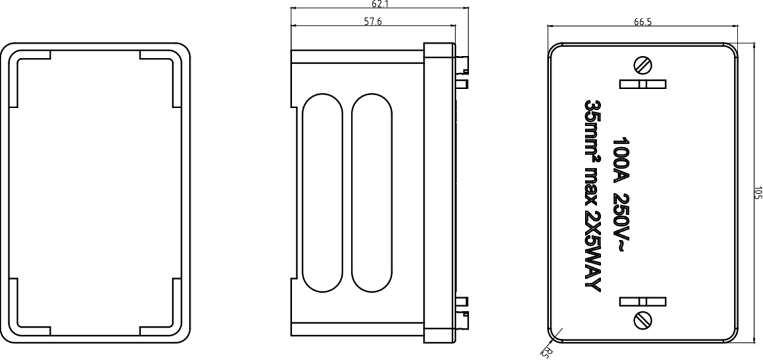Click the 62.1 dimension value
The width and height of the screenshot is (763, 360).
(x=380, y=4)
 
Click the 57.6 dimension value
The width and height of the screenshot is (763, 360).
(x=373, y=22)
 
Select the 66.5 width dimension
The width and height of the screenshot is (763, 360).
(x=643, y=22)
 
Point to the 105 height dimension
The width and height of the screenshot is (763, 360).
(x=757, y=193)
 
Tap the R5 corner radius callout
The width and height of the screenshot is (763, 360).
(x=546, y=351)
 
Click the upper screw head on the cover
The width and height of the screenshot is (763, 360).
(x=643, y=64)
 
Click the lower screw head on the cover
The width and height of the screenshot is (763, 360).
(x=643, y=319)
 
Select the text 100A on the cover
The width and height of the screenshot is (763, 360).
(x=620, y=159)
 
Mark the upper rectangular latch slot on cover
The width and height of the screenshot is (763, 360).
(x=643, y=85)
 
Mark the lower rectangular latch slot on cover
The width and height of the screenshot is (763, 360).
(x=643, y=300)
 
